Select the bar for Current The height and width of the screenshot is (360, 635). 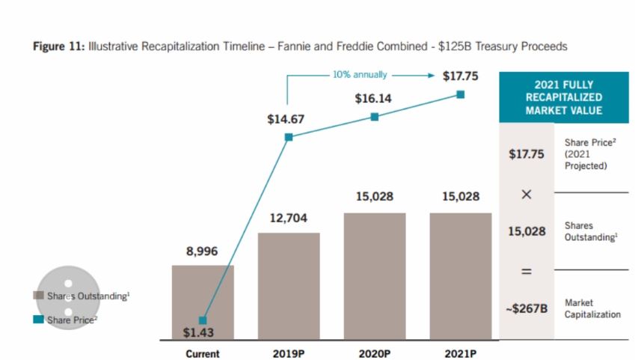pyautogui.click(x=203, y=303)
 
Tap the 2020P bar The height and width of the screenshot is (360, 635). pyautogui.click(x=375, y=277)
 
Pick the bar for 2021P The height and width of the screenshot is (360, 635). pyautogui.click(x=460, y=277)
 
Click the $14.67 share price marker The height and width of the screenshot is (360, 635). pyautogui.click(x=289, y=137)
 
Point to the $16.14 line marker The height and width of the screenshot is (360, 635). pyautogui.click(x=375, y=117)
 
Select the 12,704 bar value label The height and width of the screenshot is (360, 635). pyautogui.click(x=289, y=218)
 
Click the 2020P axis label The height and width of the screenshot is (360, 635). pyautogui.click(x=374, y=353)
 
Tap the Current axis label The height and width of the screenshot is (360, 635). pyautogui.click(x=203, y=353)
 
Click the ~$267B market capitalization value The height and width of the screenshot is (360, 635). pyautogui.click(x=528, y=309)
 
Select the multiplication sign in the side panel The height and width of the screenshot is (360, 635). pyautogui.click(x=526, y=195)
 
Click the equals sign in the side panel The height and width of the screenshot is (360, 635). pyautogui.click(x=526, y=271)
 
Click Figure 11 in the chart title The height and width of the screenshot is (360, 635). pyautogui.click(x=60, y=46)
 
